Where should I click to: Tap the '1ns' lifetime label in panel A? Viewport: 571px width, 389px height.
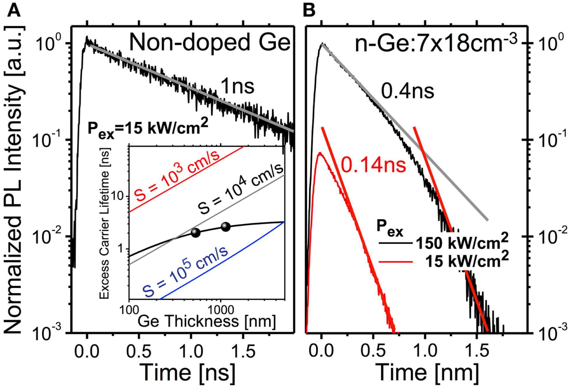[x=237, y=86]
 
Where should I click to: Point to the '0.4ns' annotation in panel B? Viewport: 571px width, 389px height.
[x=407, y=91]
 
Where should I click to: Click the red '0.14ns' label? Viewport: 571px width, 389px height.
[x=373, y=165]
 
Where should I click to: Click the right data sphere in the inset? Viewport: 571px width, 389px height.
[x=226, y=227]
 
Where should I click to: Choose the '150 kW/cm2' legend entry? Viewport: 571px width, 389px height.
[x=462, y=242]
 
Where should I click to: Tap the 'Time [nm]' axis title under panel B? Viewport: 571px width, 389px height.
[x=427, y=372]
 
